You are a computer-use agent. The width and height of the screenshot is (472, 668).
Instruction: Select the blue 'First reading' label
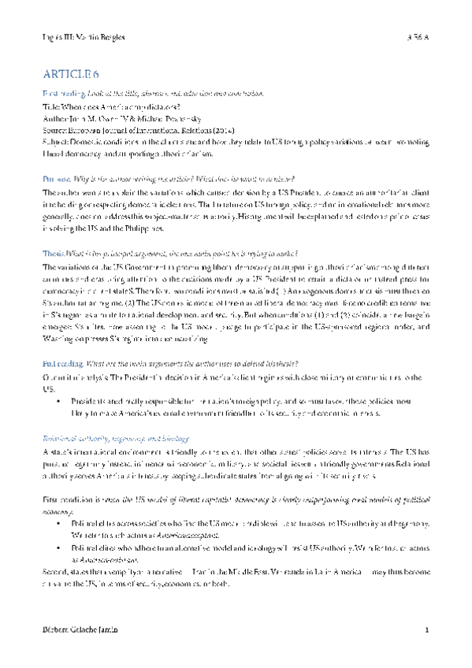pyautogui.click(x=65, y=94)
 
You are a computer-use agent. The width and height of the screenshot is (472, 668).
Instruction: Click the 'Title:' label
pyautogui.click(x=50, y=106)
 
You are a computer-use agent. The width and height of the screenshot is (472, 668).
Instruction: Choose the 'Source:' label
pyautogui.click(x=54, y=129)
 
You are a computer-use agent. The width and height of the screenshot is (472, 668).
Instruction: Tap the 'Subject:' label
pyautogui.click(x=56, y=141)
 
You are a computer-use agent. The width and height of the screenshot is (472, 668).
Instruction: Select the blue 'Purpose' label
pyautogui.click(x=58, y=180)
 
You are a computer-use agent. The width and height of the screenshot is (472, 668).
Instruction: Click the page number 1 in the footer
pyautogui.click(x=426, y=631)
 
